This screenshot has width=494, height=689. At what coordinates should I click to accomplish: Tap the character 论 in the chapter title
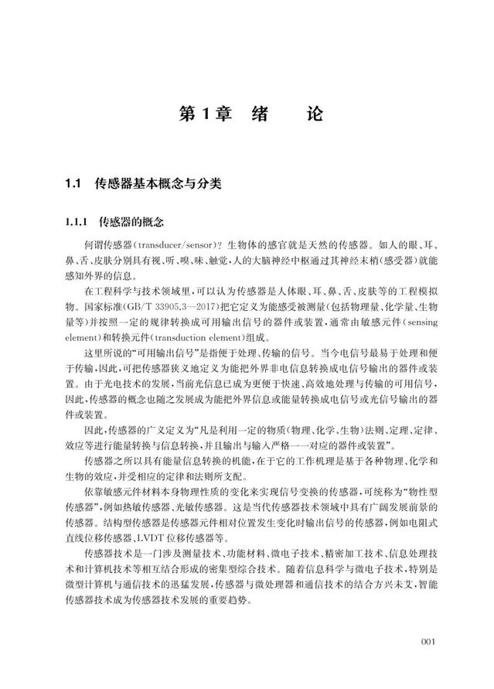[314, 114]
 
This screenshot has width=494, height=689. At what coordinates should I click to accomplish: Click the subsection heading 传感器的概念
[132, 223]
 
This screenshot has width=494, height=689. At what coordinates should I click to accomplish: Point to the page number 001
[430, 641]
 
